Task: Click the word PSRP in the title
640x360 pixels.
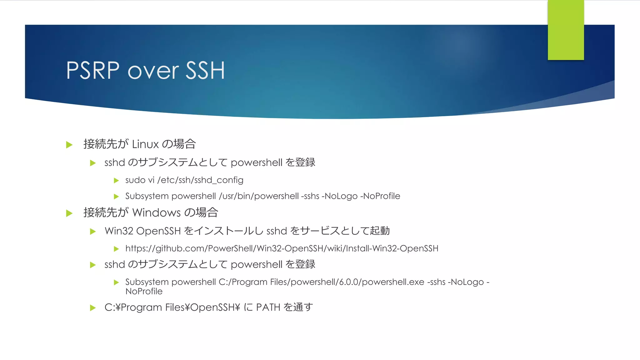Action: tap(93, 71)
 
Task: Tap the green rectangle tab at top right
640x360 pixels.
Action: tap(566, 30)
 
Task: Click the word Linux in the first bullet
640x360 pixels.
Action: tap(145, 144)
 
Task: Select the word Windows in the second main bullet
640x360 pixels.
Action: tap(157, 213)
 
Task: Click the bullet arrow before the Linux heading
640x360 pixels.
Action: tap(69, 145)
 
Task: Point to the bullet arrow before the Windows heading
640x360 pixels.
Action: tap(69, 213)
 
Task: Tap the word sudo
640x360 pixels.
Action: tap(135, 180)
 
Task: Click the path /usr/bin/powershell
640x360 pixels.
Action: tap(259, 196)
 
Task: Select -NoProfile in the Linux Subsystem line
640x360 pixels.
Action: tap(380, 196)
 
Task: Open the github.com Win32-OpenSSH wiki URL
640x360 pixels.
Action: tap(282, 248)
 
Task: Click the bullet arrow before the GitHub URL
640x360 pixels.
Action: tap(116, 249)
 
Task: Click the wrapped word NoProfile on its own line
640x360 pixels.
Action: tap(144, 292)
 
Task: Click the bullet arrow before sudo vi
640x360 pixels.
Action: tap(116, 181)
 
